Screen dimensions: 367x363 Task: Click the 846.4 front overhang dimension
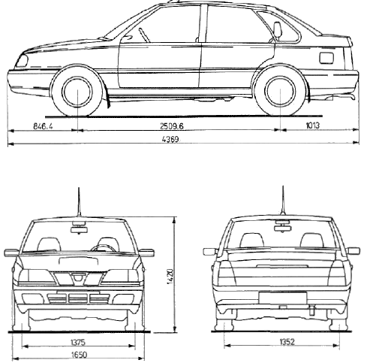[x=43, y=126]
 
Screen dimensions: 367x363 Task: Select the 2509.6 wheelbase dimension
[x=172, y=126]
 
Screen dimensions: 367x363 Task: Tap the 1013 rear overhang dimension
[x=313, y=125]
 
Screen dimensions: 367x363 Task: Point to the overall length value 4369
[x=170, y=139]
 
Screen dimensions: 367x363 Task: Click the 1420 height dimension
[x=170, y=277]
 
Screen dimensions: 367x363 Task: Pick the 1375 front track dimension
[x=78, y=342]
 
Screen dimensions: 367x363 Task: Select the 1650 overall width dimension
[x=80, y=355]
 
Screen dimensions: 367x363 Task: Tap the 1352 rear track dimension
[x=287, y=342]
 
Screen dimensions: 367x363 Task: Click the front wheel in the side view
[x=77, y=91]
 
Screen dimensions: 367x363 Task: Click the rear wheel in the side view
[x=280, y=91]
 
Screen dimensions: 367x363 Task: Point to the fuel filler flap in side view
[x=326, y=58]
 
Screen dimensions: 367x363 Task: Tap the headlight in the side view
[x=22, y=61]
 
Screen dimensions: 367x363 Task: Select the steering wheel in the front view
[x=103, y=248]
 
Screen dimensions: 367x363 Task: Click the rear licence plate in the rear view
[x=283, y=298]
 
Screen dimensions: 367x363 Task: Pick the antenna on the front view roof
[x=79, y=202]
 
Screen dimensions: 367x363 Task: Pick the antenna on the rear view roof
[x=283, y=201]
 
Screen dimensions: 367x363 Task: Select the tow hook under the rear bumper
[x=311, y=310]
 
